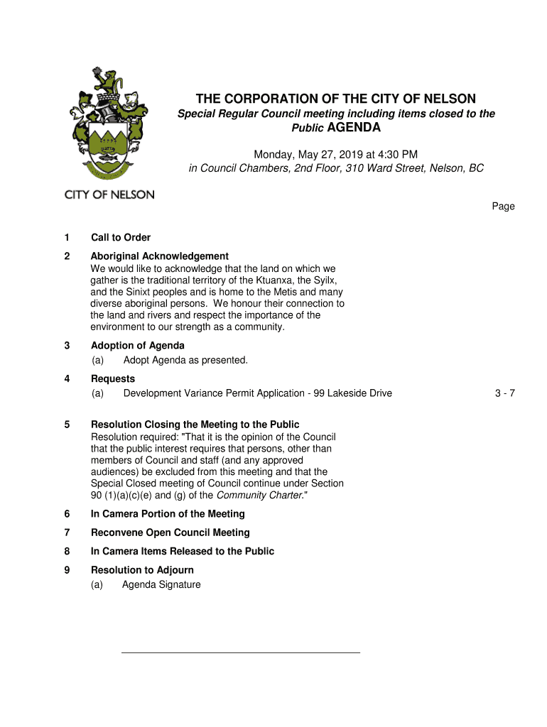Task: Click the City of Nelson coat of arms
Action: coord(107,125)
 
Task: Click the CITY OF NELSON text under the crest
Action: coord(109,195)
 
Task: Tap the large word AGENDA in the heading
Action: coord(354,128)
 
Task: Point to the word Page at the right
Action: coord(503,207)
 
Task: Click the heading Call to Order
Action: coord(121,238)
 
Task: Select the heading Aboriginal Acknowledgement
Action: coord(159,256)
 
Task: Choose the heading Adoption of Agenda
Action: coord(137,346)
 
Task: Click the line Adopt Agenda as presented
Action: coord(185,360)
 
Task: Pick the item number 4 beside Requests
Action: coord(67,379)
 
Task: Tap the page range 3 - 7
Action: coord(504,393)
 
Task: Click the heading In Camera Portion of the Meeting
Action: coord(168,514)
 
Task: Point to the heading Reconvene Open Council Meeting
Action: coord(170,532)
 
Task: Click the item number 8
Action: coord(67,552)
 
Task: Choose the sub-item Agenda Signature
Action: coord(161,585)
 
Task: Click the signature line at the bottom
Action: coord(241,652)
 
